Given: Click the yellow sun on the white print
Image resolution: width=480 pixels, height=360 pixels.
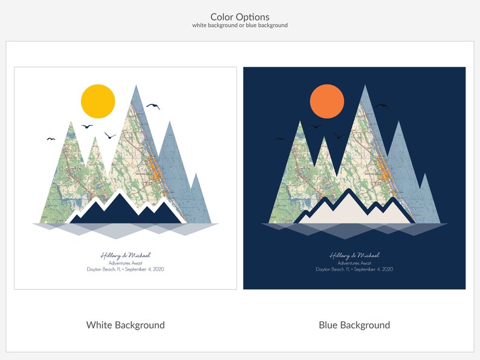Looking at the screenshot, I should (98, 101).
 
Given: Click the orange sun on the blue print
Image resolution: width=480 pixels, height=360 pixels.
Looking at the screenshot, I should (327, 101).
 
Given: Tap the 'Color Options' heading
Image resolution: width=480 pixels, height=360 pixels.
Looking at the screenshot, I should (240, 17).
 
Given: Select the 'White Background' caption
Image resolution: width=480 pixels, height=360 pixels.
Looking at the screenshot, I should (125, 325).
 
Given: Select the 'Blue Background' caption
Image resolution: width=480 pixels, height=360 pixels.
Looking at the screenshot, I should (354, 325).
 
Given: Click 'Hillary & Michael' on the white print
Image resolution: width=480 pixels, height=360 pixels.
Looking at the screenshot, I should (125, 256).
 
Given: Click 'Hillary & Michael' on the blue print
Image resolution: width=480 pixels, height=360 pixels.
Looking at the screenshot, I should (354, 256).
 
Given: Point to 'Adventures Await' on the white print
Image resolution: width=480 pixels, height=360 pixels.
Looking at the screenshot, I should (125, 263).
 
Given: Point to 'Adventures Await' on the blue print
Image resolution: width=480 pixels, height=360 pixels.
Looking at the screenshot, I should (354, 263).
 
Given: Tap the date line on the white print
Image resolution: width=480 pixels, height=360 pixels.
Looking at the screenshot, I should (125, 269).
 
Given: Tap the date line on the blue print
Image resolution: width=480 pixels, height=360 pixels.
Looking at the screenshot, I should (354, 269).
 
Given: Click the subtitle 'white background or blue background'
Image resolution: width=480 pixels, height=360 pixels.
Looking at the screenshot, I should (240, 25).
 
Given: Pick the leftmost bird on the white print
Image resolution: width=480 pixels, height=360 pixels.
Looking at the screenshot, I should (51, 139).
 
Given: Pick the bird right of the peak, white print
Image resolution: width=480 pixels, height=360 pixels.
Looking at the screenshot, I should (153, 106).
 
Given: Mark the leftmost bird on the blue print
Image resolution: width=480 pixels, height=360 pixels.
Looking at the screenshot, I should (280, 139).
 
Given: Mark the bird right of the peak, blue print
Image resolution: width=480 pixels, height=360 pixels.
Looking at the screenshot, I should (381, 106).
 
